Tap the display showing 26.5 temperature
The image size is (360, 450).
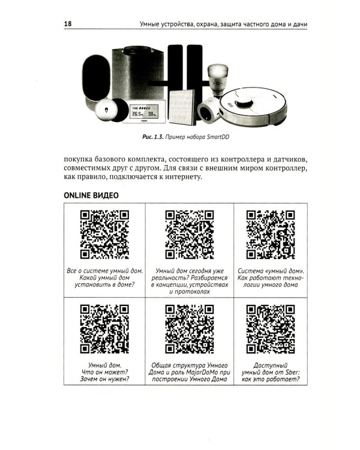tap(143, 112)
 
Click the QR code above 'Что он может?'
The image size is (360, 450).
tap(104, 329)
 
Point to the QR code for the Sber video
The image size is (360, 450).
tap(270, 329)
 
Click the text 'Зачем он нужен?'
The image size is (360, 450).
tap(104, 380)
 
